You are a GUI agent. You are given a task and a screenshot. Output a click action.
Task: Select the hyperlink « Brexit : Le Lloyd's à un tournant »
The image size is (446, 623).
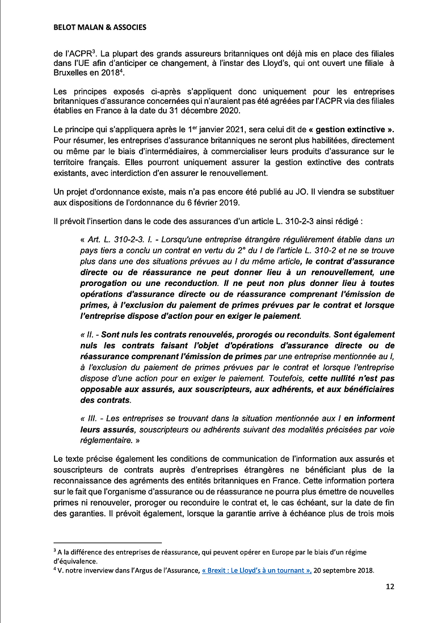pos(256,571)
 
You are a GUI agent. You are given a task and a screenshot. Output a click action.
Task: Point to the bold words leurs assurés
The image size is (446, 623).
pos(107,428)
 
